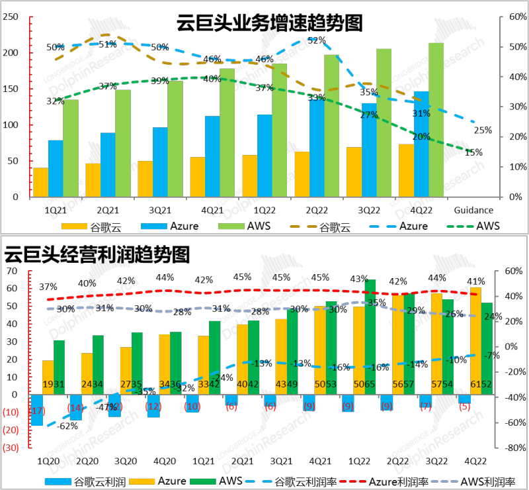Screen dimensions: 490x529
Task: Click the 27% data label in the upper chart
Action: (369, 115)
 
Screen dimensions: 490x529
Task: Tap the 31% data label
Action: (421, 114)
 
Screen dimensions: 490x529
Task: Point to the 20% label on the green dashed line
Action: (421, 137)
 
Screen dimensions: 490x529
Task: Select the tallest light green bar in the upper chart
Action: (436, 119)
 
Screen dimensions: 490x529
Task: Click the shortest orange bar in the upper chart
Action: (41, 182)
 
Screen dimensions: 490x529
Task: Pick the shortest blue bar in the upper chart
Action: (56, 168)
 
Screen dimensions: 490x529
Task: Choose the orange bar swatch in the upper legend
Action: (74, 226)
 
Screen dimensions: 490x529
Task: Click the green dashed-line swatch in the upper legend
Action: (461, 226)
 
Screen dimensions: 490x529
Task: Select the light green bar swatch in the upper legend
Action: (231, 226)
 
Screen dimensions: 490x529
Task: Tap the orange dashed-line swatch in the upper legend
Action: (304, 226)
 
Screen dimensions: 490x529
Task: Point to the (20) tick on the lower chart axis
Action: (10, 430)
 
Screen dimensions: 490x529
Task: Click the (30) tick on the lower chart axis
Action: (10, 448)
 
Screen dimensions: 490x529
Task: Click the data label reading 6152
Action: (481, 385)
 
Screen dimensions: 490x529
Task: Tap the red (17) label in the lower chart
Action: (37, 411)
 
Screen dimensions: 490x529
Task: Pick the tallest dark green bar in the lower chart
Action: (370, 337)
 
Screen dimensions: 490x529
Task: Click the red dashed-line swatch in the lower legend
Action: (352, 481)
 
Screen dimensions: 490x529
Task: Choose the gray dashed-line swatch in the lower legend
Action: (444, 481)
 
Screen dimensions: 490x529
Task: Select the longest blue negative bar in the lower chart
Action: (37, 410)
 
